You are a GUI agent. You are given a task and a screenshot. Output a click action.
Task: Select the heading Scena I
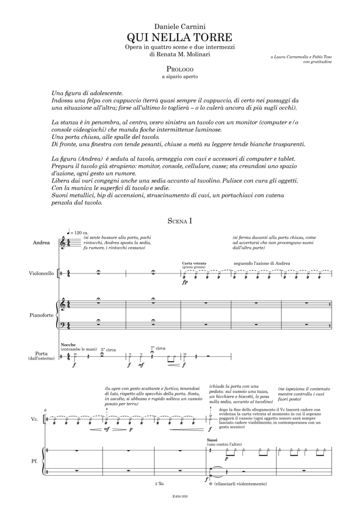180,221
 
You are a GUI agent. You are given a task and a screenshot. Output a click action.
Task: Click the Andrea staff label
41,243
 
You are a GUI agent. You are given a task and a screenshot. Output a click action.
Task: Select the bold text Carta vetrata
194,262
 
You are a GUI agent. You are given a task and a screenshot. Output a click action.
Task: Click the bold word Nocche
67,345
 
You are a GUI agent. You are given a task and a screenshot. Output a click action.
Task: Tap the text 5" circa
108,350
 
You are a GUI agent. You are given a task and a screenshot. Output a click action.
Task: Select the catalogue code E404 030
180,496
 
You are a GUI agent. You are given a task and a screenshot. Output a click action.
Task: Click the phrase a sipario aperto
180,77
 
